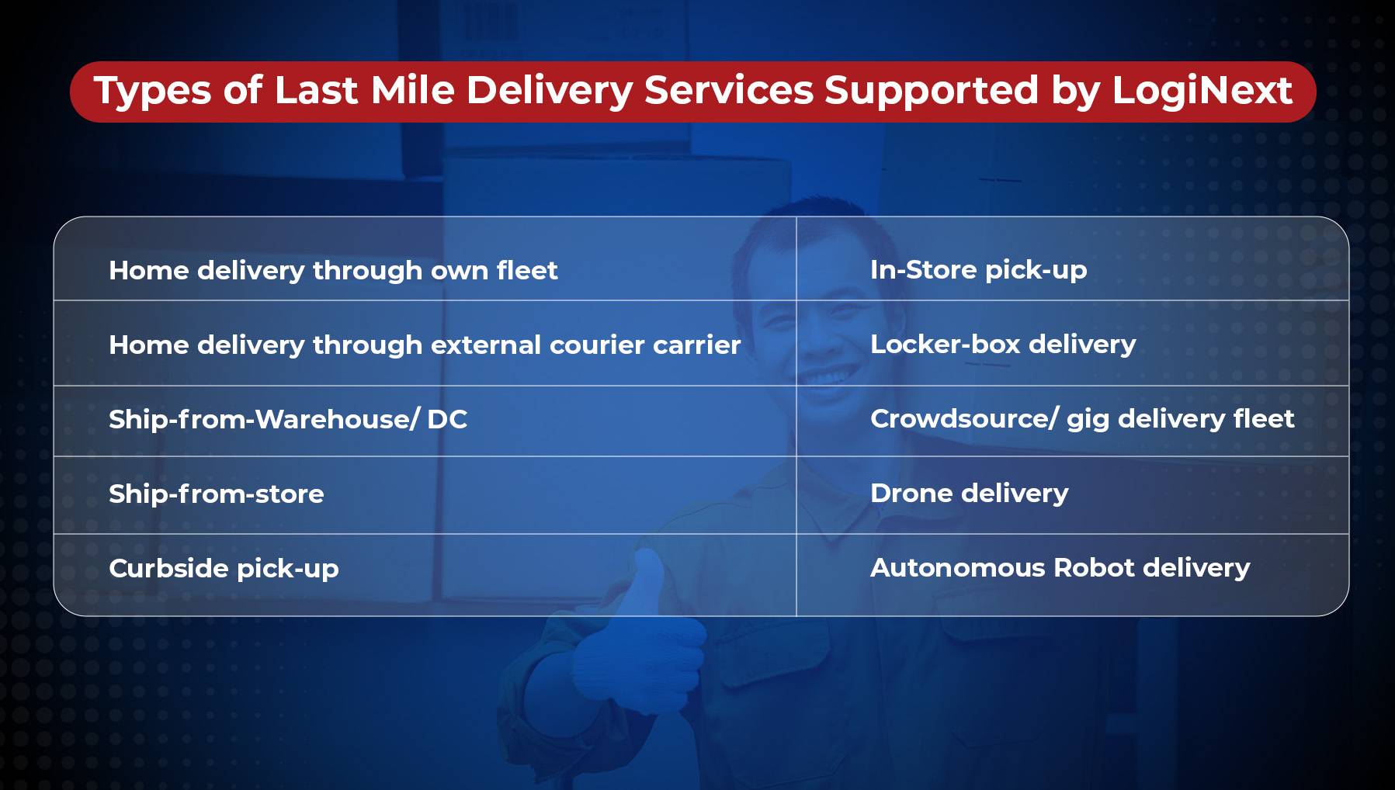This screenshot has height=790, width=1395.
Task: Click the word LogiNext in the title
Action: point(1202,92)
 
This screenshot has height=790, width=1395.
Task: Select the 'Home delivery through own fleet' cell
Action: point(333,271)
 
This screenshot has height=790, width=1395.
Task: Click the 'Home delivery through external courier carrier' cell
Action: point(425,345)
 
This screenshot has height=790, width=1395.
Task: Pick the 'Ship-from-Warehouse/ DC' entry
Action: point(288,420)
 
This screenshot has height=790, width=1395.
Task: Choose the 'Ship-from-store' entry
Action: point(217,494)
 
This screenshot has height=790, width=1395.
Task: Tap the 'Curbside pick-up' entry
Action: point(224,569)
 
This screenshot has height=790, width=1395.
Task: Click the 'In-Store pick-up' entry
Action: point(978,270)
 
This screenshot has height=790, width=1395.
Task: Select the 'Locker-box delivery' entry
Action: point(1003,345)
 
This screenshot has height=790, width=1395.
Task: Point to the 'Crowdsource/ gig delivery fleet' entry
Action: point(1082,419)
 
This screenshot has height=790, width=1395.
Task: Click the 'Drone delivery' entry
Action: point(969,494)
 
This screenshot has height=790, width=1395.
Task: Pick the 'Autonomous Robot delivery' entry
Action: point(1060,568)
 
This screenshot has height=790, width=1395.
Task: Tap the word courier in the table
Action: point(597,345)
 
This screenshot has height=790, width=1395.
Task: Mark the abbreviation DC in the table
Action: point(447,419)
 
